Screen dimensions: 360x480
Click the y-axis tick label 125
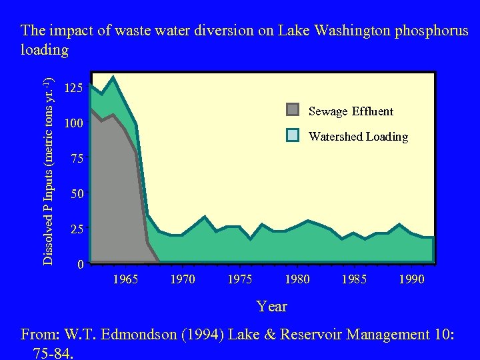click(x=73, y=88)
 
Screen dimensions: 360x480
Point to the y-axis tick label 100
click(x=73, y=124)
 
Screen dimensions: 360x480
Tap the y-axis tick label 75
click(x=78, y=159)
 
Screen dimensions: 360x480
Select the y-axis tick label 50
click(x=78, y=195)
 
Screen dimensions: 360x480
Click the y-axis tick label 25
click(x=78, y=229)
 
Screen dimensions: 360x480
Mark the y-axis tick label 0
click(x=80, y=265)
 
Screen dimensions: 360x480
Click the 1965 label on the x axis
click(x=125, y=279)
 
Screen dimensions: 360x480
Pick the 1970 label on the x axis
click(x=183, y=279)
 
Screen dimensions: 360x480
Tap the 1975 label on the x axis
click(x=240, y=279)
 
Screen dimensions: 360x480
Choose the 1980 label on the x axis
click(x=297, y=279)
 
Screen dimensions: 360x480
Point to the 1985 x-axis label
click(x=354, y=279)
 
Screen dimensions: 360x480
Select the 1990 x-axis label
click(x=411, y=279)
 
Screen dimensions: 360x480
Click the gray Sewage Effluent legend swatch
click(x=293, y=110)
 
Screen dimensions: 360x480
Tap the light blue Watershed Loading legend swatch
click(x=293, y=135)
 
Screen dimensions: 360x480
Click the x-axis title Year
click(x=272, y=307)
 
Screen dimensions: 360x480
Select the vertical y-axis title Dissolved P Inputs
click(x=49, y=170)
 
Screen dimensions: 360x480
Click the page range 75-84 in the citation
click(x=52, y=352)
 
